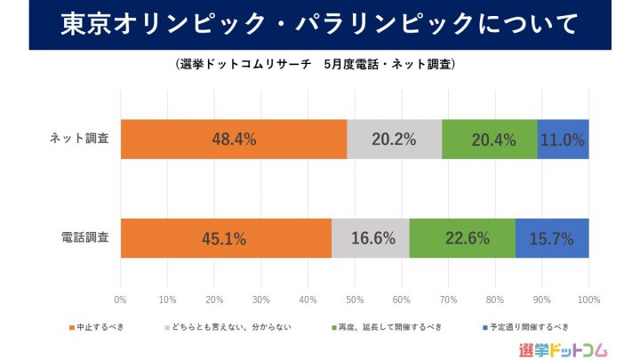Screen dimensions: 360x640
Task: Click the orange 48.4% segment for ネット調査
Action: pos(234,139)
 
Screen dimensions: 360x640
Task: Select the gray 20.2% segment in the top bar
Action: pos(394,139)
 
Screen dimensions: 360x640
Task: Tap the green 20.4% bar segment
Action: pos(490,139)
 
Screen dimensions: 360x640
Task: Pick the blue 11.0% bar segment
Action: pos(563,139)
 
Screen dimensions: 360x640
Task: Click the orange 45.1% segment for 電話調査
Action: pos(226,237)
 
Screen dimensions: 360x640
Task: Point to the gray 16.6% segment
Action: pos(371,237)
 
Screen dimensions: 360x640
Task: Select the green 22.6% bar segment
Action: pos(462,237)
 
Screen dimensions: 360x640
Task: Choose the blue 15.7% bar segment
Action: pos(552,237)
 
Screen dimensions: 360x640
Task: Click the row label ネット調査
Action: pos(80,140)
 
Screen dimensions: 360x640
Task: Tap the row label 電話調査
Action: pos(85,237)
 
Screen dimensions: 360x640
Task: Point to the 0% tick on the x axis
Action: pos(121,300)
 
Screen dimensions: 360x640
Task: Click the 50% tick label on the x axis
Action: pos(355,300)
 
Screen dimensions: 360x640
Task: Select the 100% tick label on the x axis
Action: pos(588,300)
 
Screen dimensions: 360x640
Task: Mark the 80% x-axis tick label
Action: pos(495,300)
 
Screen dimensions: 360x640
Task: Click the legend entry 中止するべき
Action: pos(100,327)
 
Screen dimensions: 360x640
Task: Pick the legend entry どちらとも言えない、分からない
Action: pos(225,327)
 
